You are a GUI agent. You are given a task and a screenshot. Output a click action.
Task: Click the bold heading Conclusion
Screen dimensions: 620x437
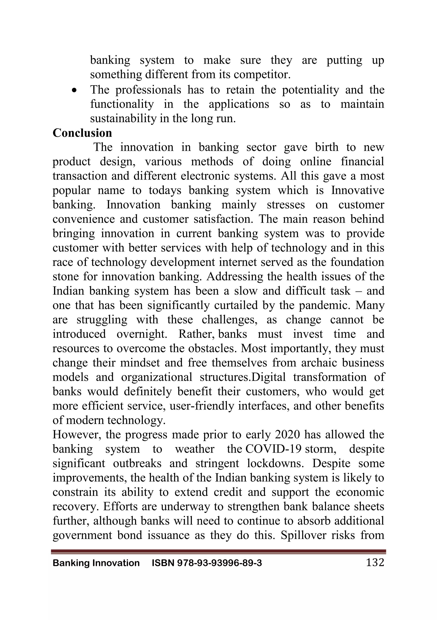82,133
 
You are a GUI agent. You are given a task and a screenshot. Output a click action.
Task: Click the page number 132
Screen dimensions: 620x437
375,562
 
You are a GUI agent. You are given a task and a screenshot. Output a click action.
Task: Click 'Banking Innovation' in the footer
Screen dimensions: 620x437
96,563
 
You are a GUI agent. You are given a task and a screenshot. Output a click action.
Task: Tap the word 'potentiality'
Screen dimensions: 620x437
310,90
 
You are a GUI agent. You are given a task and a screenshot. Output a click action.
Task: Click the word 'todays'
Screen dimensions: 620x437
165,190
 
